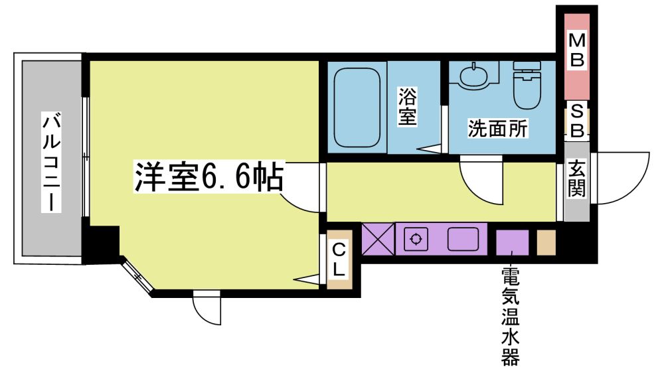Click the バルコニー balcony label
[x=51, y=162]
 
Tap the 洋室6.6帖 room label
[x=209, y=177]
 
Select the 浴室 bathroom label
[x=407, y=106]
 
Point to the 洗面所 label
[x=498, y=128]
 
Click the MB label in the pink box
[x=577, y=51]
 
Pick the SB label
[x=577, y=121]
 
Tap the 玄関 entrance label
[x=577, y=179]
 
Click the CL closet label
[x=339, y=260]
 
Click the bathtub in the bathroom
[x=357, y=108]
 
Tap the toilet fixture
[x=527, y=84]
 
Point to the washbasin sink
[x=473, y=77]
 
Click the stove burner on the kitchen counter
[x=416, y=239]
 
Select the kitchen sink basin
[x=463, y=239]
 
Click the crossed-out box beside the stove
[x=378, y=239]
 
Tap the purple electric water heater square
[x=513, y=242]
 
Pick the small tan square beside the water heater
[x=546, y=242]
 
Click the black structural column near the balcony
[x=102, y=245]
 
